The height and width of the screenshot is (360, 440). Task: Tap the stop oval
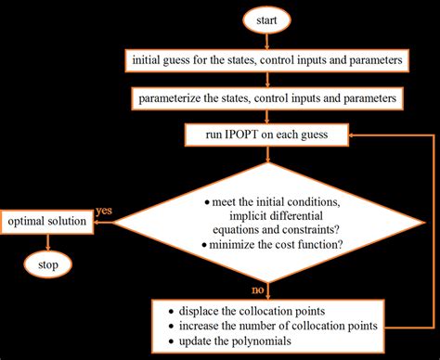click(x=48, y=265)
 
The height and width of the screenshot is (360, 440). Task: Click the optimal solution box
click(x=48, y=222)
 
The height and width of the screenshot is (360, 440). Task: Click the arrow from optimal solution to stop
click(x=48, y=243)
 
